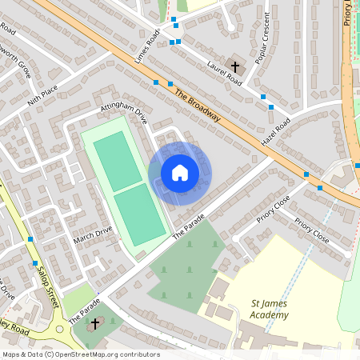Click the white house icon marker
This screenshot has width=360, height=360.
(x=179, y=173)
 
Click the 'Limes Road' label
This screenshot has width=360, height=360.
(x=150, y=43)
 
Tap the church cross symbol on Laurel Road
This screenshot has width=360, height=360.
(x=235, y=66)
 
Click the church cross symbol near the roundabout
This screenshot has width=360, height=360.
(x=96, y=323)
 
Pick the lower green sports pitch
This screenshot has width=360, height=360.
(x=139, y=215)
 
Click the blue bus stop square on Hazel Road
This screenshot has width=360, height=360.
(x=272, y=106)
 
